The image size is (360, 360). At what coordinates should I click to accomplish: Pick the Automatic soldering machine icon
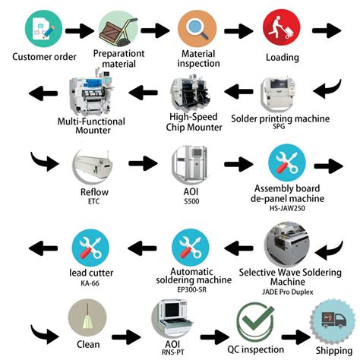[191, 248]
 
